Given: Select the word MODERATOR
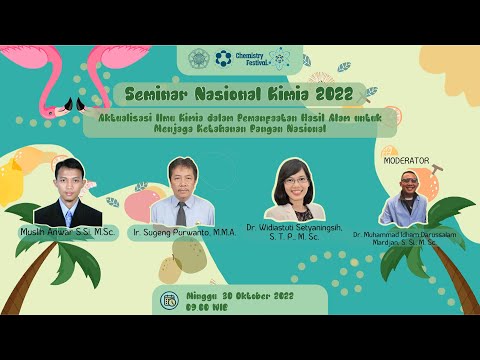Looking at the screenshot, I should pyautogui.click(x=405, y=160).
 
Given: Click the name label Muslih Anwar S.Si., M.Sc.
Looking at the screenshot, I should pyautogui.click(x=67, y=232).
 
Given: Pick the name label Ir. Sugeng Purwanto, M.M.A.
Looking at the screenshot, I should pyautogui.click(x=182, y=232).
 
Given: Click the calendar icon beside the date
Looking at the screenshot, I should pyautogui.click(x=169, y=298).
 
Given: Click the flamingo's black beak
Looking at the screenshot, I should pyautogui.click(x=71, y=103).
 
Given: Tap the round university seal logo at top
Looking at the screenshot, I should pyautogui.click(x=198, y=58).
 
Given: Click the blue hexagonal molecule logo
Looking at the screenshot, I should pyautogui.click(x=223, y=58).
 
